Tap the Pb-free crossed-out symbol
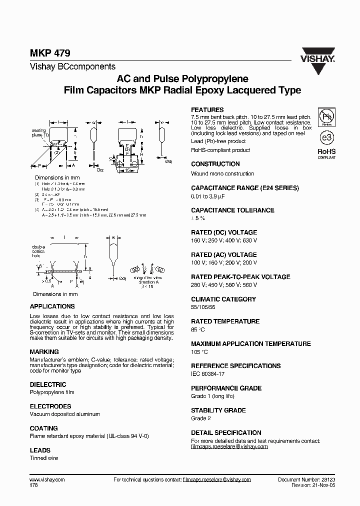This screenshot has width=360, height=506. pyautogui.click(x=327, y=116)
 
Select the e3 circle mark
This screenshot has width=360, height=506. pyautogui.click(x=326, y=136)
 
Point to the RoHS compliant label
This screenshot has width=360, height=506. pyautogui.click(x=326, y=153)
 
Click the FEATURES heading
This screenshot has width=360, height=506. pyautogui.click(x=207, y=110)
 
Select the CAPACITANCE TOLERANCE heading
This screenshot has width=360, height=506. pyautogui.click(x=232, y=210)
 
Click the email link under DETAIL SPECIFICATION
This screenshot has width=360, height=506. pyautogui.click(x=229, y=446)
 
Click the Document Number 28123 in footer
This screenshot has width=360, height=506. pyautogui.click(x=306, y=479)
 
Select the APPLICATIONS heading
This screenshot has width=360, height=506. pyautogui.click(x=52, y=306)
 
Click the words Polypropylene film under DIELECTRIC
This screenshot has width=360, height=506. pyautogui.click(x=52, y=392)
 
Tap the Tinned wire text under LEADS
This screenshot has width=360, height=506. pyautogui.click(x=44, y=458)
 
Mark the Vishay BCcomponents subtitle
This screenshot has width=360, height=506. pyautogui.click(x=72, y=66)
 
